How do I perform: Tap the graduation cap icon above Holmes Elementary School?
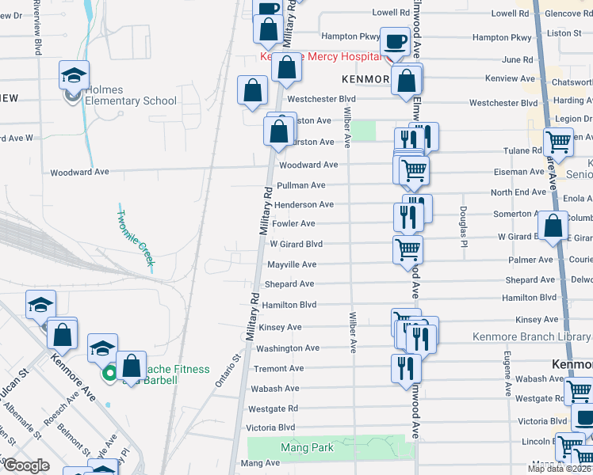pos(75,76)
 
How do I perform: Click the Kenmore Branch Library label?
pos(532,336)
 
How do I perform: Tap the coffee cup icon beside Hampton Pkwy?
pos(395,42)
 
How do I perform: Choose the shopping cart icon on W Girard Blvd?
pos(408,249)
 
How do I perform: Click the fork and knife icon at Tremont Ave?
pos(405,367)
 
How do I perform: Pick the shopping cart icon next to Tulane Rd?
pos(559,142)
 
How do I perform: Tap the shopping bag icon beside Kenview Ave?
pos(407,81)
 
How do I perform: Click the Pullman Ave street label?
pos(300,185)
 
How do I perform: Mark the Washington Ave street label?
pos(288,348)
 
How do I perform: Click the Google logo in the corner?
pos(26,465)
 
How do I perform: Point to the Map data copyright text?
pos(558,469)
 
